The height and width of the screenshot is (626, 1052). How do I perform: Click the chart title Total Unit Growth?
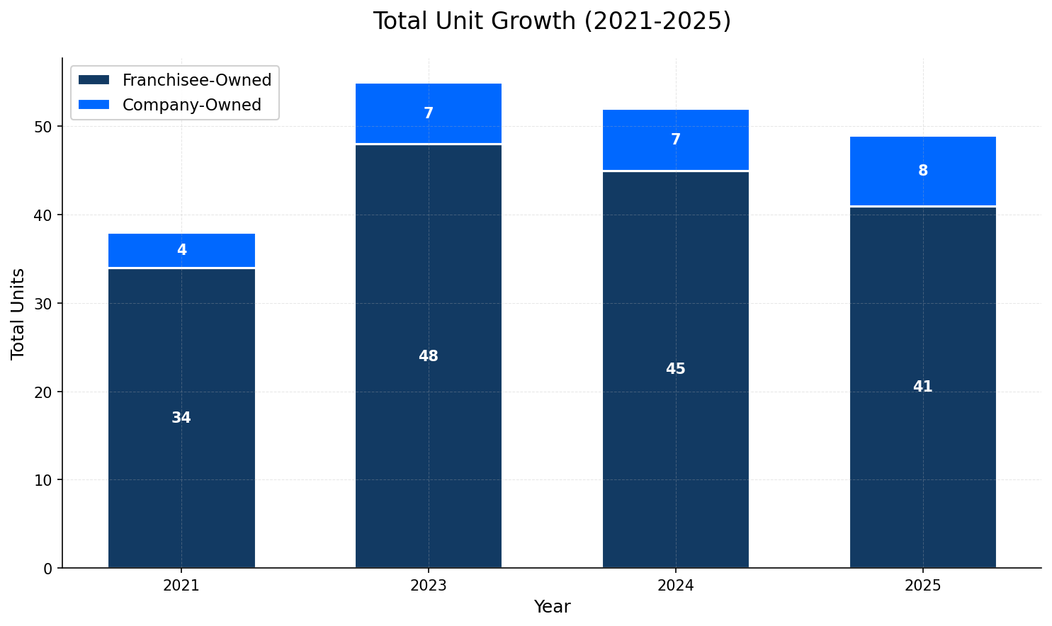552,21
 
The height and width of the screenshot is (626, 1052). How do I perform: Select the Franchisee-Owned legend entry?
196,80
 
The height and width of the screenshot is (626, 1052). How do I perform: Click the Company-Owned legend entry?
191,105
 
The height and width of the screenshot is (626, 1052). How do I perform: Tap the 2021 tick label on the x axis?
181,586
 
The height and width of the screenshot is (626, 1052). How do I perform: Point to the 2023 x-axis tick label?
429,586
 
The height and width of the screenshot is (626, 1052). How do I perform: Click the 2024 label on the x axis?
675,586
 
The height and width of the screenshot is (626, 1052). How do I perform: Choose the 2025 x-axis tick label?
922,586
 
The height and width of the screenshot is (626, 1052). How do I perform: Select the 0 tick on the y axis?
48,568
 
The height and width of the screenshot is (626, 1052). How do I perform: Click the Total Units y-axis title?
18,313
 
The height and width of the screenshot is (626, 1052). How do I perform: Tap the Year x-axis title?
552,607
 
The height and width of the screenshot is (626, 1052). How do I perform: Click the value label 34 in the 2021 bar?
181,418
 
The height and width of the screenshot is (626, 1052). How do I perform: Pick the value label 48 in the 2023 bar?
429,356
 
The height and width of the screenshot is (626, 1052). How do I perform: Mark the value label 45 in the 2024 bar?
675,369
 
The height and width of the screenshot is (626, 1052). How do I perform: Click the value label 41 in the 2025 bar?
922,387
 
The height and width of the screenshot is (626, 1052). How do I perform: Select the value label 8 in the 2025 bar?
922,171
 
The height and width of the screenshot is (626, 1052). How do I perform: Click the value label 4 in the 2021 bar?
181,250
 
